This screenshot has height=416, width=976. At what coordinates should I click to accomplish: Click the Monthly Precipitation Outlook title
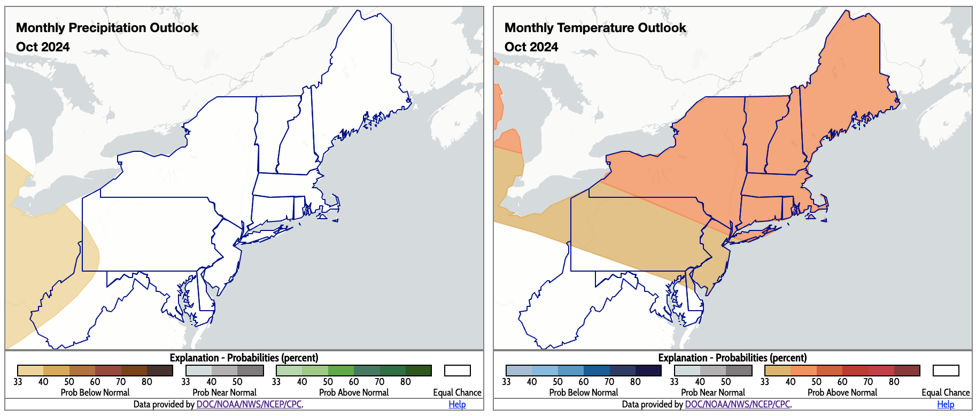pos(107,28)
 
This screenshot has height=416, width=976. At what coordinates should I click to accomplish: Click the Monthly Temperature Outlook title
pos(595,28)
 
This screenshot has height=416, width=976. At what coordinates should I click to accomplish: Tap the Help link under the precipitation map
pos(457,404)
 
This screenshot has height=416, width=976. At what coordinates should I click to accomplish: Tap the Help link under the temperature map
pos(946,404)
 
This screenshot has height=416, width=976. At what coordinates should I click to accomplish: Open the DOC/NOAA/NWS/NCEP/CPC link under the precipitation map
pos(249,404)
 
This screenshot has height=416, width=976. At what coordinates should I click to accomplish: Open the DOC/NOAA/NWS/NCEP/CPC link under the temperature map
pos(738,404)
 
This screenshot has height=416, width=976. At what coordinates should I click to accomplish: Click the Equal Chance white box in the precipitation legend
pos(458,371)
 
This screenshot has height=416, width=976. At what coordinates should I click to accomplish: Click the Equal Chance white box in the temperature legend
pos(946,371)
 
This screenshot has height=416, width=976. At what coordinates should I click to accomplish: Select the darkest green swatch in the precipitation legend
pos(419,371)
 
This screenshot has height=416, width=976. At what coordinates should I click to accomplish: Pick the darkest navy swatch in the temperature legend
pos(648,371)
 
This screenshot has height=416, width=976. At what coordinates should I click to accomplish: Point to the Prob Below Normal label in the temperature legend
pos(584,392)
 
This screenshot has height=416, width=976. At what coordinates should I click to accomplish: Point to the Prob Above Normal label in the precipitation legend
pos(354,392)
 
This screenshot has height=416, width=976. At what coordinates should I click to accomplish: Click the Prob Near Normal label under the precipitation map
pos(224,392)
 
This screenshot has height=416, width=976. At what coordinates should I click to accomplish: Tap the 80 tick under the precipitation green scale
pos(406,382)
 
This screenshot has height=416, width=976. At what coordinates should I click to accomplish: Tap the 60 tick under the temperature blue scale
pos(584,382)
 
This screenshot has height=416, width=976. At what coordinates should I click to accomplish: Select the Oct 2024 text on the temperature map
pos(531,47)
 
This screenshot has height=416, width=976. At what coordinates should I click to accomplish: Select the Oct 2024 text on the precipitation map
pos(43,47)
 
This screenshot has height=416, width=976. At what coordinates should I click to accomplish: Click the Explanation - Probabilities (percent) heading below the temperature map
pos(732,358)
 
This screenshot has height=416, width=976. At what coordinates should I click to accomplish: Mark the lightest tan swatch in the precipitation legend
pos(30,371)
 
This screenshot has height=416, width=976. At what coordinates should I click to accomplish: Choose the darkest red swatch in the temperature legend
pos(907,371)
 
